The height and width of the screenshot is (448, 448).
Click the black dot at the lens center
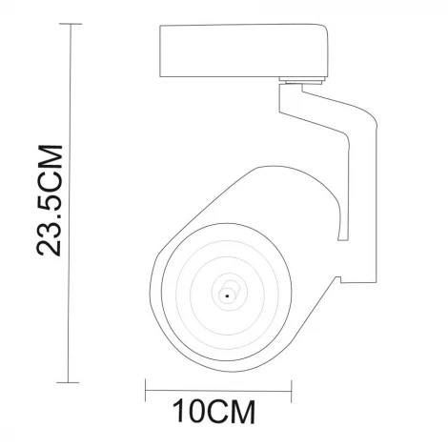(x=227, y=297)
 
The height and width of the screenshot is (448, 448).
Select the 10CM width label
(x=215, y=413)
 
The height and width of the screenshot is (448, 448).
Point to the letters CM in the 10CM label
(x=234, y=413)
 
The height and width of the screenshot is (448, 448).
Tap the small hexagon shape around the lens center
(x=227, y=291)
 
